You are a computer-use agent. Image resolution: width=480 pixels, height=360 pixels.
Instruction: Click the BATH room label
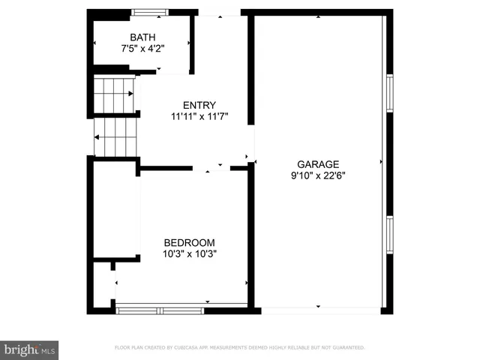tap(142, 37)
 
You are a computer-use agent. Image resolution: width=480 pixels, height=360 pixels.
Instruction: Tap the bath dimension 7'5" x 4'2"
tap(142, 48)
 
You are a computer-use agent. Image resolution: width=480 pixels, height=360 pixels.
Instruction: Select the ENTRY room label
tap(199, 105)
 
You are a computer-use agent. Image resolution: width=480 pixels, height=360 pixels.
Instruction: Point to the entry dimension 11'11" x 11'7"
tap(199, 116)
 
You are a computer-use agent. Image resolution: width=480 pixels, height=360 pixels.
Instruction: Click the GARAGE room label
tap(318, 164)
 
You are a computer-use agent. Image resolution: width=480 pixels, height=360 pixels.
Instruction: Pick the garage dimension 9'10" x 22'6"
tap(318, 175)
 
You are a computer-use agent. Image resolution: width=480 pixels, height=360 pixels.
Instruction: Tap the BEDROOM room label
tap(190, 242)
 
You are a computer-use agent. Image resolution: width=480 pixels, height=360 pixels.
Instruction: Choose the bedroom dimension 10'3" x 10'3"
tap(190, 253)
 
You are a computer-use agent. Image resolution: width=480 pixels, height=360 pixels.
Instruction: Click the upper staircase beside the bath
tap(113, 94)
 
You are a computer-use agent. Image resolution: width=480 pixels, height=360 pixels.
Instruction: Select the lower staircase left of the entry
tap(115, 136)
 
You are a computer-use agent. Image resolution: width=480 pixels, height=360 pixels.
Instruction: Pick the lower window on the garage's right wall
tap(389, 235)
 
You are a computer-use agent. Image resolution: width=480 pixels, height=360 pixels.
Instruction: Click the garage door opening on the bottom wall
tap(318, 308)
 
